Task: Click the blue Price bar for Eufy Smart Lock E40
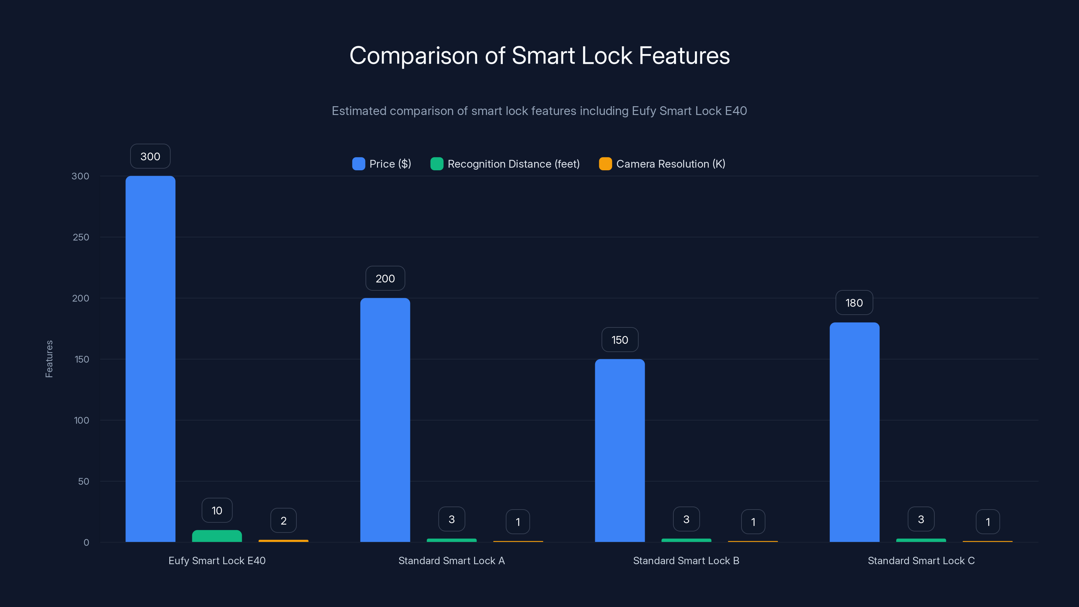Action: pos(150,358)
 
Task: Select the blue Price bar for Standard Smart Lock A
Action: pos(385,420)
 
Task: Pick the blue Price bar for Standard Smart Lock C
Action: pos(854,432)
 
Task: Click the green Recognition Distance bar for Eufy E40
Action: pos(217,536)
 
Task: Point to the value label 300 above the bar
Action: pos(150,156)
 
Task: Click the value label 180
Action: pos(854,302)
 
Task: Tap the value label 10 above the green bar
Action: pos(217,510)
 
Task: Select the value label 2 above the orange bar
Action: pos(284,520)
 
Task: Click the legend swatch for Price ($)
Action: pos(358,164)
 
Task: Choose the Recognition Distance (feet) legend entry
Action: pos(513,164)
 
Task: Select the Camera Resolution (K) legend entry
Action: pos(670,164)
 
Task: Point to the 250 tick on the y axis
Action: pos(81,237)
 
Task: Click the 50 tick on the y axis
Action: pos(83,481)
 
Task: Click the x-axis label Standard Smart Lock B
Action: pos(686,560)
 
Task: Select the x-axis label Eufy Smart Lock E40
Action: pos(217,560)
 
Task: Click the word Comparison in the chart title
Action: pos(413,56)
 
